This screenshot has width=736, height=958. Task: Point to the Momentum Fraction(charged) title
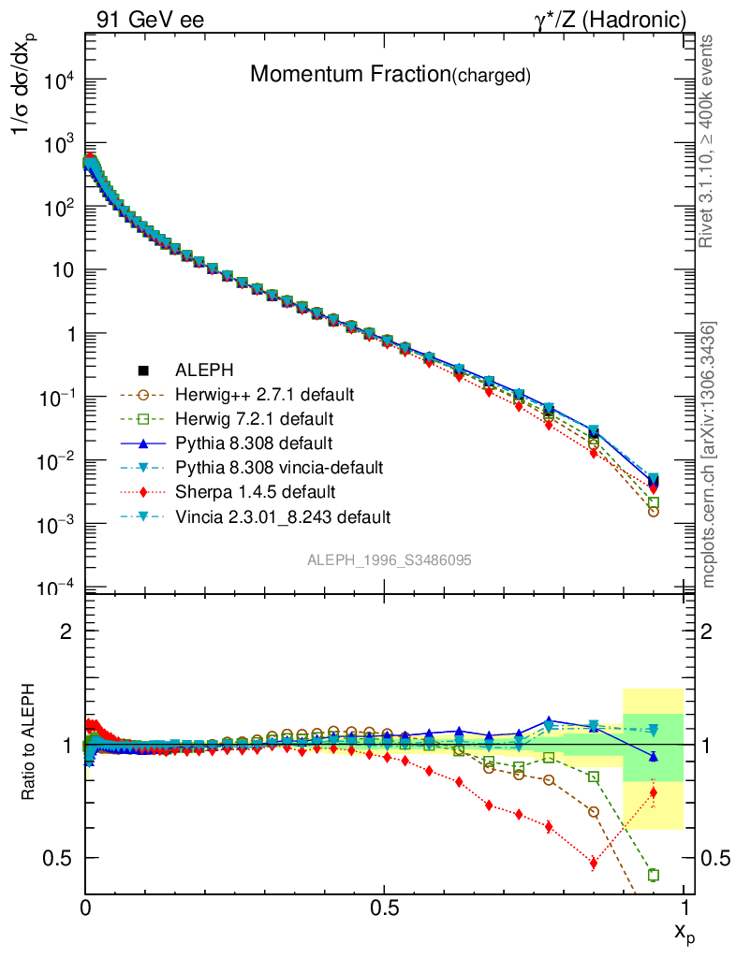(390, 75)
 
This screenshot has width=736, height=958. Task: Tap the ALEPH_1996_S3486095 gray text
(389, 560)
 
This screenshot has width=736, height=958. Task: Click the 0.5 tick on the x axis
(384, 907)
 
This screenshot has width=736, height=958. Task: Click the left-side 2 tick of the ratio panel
(66, 631)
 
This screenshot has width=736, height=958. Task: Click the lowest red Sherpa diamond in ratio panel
(594, 863)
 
